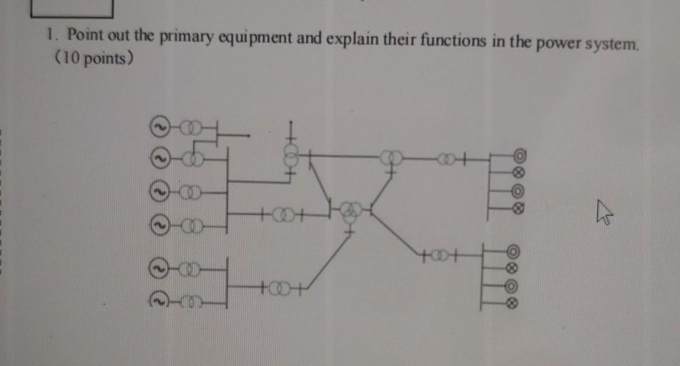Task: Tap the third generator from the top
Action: pos(161,194)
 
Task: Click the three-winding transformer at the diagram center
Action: pos(350,211)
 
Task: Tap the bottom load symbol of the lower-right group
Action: pos(512,303)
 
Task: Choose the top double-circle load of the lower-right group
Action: pos(513,252)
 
